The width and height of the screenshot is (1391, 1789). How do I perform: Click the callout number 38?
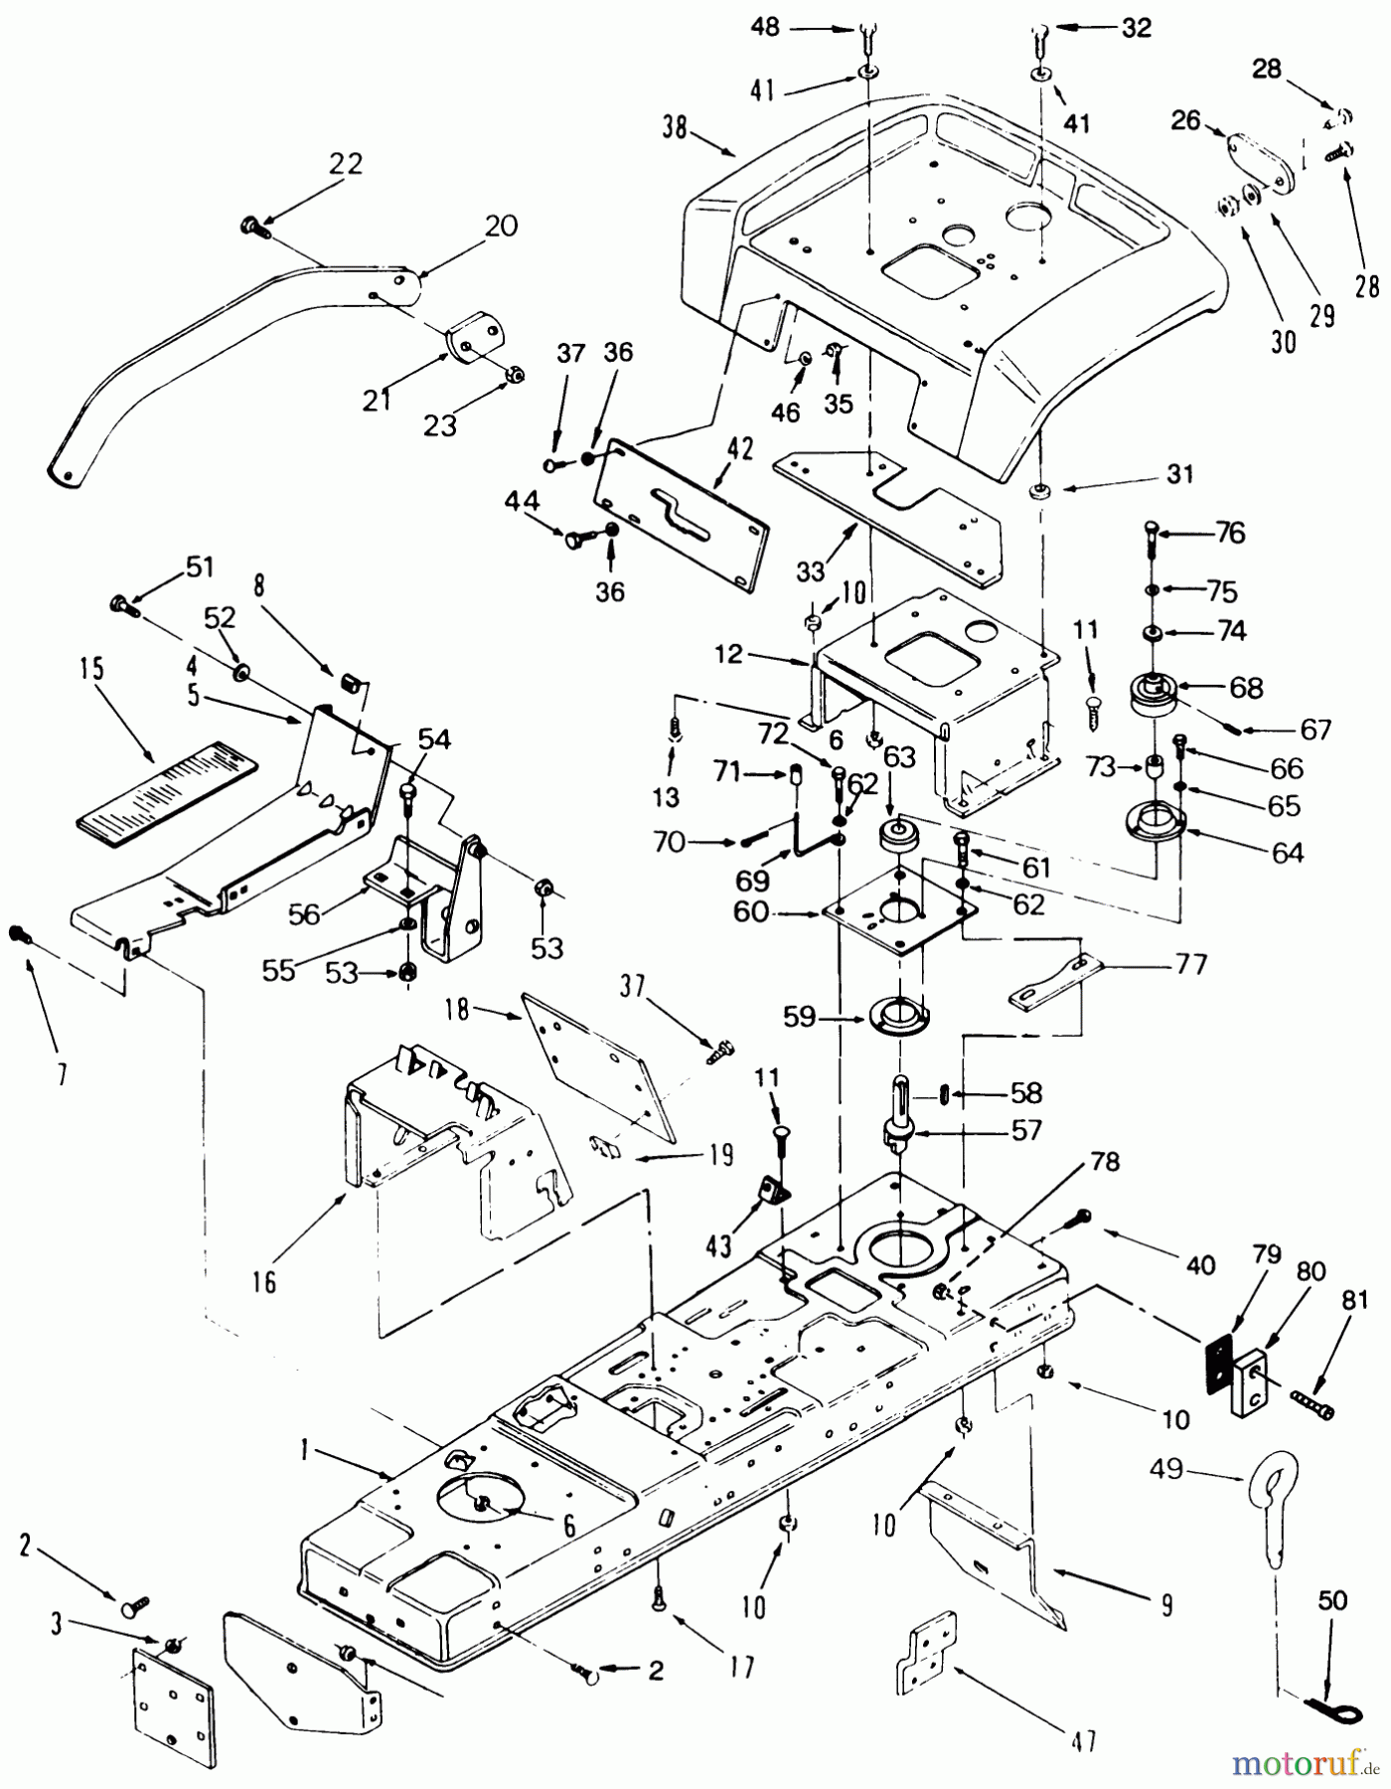[x=674, y=129]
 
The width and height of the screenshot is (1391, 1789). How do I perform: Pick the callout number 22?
[x=346, y=164]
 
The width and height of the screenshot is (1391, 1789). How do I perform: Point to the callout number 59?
[x=800, y=1017]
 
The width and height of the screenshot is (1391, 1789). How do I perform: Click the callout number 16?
[x=264, y=1282]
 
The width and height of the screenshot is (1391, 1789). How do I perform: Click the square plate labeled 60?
[x=898, y=914]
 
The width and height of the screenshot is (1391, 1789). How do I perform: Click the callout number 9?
[x=1164, y=1604]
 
